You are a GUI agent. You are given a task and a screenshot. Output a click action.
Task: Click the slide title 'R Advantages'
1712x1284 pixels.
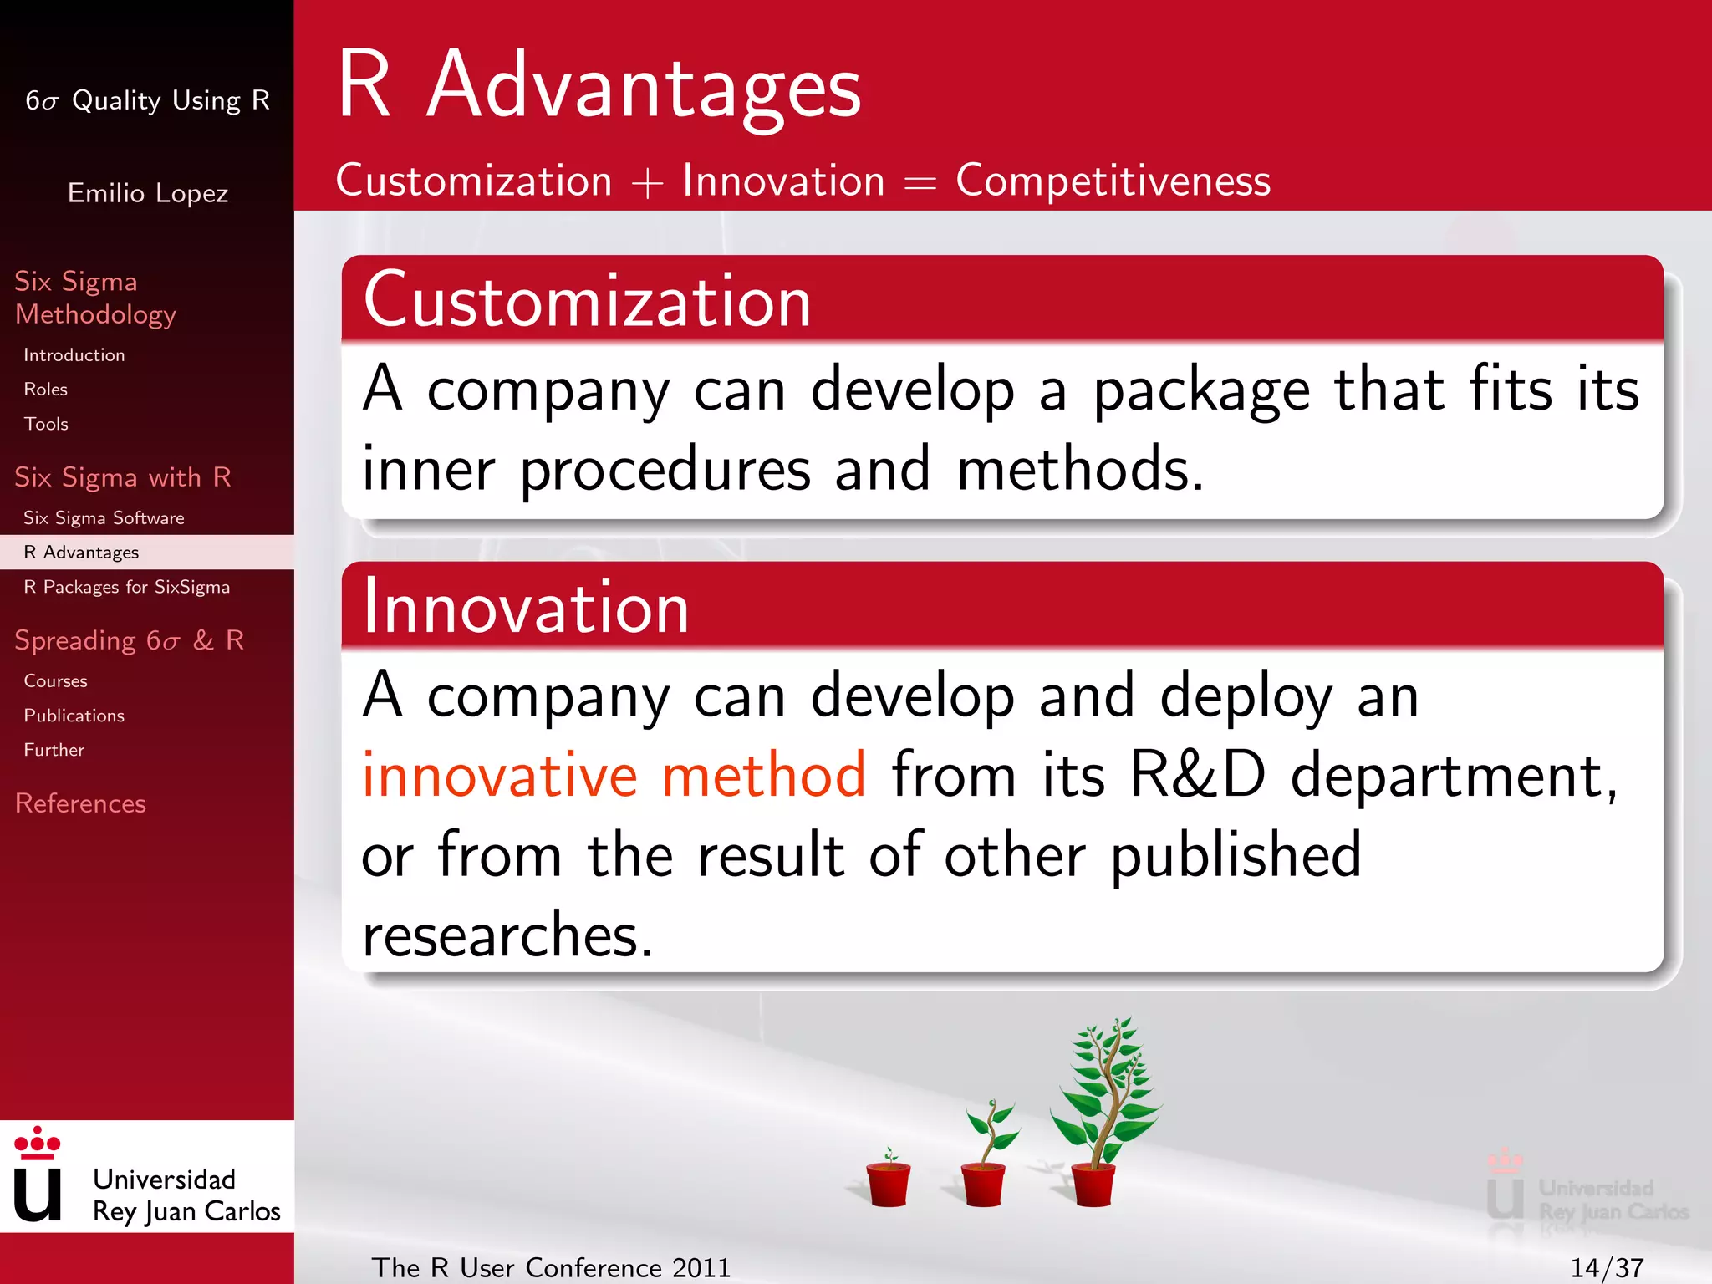pyautogui.click(x=599, y=85)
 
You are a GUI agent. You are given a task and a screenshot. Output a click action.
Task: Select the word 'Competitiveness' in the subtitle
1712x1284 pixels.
pyautogui.click(x=1112, y=181)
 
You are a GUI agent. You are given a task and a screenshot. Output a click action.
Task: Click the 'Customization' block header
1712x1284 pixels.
pyautogui.click(x=587, y=301)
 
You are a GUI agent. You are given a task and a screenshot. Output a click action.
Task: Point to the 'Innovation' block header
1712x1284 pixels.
pyautogui.click(x=525, y=608)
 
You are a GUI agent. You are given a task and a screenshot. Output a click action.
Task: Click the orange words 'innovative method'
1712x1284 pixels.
pyautogui.click(x=614, y=775)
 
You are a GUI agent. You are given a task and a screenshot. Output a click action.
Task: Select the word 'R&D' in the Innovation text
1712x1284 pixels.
pyautogui.click(x=1197, y=775)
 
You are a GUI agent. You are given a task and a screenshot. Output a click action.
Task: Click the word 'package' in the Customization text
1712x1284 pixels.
pyautogui.click(x=1201, y=391)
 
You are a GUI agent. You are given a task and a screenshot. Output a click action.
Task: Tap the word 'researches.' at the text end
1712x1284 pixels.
pyautogui.click(x=507, y=935)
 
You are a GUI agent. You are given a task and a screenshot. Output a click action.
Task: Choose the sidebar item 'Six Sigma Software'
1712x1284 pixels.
pyautogui.click(x=104, y=518)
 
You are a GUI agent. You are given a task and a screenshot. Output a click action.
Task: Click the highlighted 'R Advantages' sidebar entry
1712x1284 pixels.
pyautogui.click(x=81, y=553)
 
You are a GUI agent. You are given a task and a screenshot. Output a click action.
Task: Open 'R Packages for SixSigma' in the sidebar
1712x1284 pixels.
pyautogui.click(x=126, y=587)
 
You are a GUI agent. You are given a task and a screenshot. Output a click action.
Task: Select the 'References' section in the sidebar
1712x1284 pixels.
pyautogui.click(x=80, y=803)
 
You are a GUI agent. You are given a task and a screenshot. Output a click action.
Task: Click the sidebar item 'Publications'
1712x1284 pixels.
pyautogui.click(x=74, y=716)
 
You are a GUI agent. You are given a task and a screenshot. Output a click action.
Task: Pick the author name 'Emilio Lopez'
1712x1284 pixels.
pyautogui.click(x=147, y=193)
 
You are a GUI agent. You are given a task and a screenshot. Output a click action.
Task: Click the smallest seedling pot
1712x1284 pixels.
pyautogui.click(x=888, y=1180)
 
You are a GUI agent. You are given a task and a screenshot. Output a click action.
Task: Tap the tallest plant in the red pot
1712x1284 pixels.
pyautogui.click(x=1103, y=1103)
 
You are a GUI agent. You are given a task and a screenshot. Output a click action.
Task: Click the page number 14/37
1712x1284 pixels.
pyautogui.click(x=1606, y=1267)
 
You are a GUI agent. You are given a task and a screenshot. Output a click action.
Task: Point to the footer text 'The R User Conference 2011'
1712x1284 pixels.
pyautogui.click(x=551, y=1267)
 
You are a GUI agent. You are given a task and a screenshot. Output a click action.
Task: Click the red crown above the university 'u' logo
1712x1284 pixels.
pyautogui.click(x=38, y=1143)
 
